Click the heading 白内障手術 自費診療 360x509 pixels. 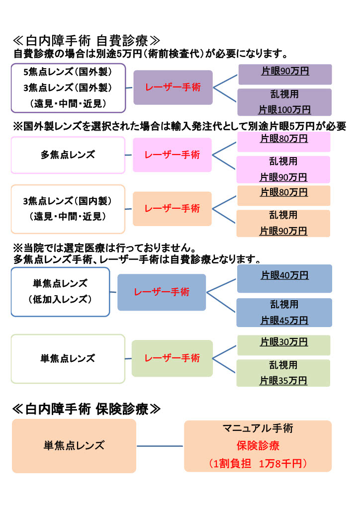87,41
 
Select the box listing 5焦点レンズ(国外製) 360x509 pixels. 68,88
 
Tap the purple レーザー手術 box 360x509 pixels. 173,87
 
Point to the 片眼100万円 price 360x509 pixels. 284,110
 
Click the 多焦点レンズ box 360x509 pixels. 68,155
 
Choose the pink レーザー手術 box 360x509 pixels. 172,155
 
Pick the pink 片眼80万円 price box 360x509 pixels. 284,142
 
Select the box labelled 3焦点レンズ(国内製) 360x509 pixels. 68,209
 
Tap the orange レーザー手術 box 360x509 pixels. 172,209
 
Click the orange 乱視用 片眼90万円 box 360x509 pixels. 283,223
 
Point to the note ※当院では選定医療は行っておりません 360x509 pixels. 105,248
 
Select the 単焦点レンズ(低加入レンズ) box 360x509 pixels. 60,292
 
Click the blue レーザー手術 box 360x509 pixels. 162,292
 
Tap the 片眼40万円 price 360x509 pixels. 284,275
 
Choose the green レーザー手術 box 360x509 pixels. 172,358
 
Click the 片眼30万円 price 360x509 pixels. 284,342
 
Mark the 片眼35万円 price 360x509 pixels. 283,380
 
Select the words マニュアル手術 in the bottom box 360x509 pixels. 258,428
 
